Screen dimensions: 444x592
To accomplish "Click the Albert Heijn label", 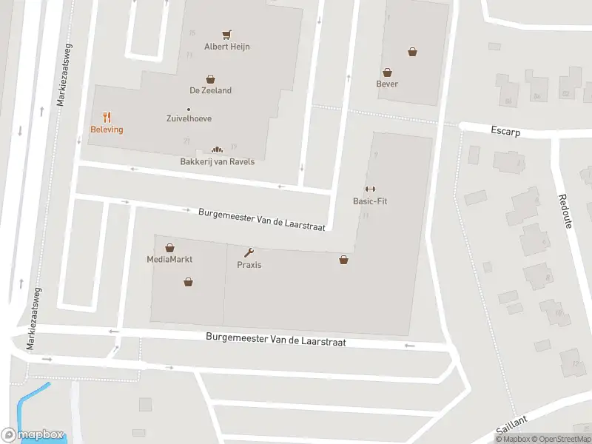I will (227, 47).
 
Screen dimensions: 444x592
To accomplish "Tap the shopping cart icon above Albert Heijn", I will (227, 34).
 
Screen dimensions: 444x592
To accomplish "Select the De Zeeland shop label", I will (211, 90).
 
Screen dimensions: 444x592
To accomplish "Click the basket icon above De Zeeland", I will (211, 78).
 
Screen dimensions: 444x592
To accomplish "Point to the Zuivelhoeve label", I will (189, 118).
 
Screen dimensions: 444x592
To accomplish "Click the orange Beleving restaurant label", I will (107, 129).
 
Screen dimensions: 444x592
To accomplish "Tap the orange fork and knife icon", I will (107, 117).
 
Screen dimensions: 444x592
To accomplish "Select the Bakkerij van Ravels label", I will (218, 161).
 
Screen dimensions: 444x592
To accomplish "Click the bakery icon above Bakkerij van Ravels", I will (218, 149).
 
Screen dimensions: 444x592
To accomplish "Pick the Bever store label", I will (387, 84).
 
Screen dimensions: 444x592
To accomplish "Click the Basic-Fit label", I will (370, 201).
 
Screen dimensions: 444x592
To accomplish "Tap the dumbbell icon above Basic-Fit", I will (370, 189).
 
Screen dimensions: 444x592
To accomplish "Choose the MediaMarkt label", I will (169, 260).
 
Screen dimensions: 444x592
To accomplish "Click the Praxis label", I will (249, 265).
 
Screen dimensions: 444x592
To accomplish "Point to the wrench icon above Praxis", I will (249, 252).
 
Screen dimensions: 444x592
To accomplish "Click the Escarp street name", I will (505, 131).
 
